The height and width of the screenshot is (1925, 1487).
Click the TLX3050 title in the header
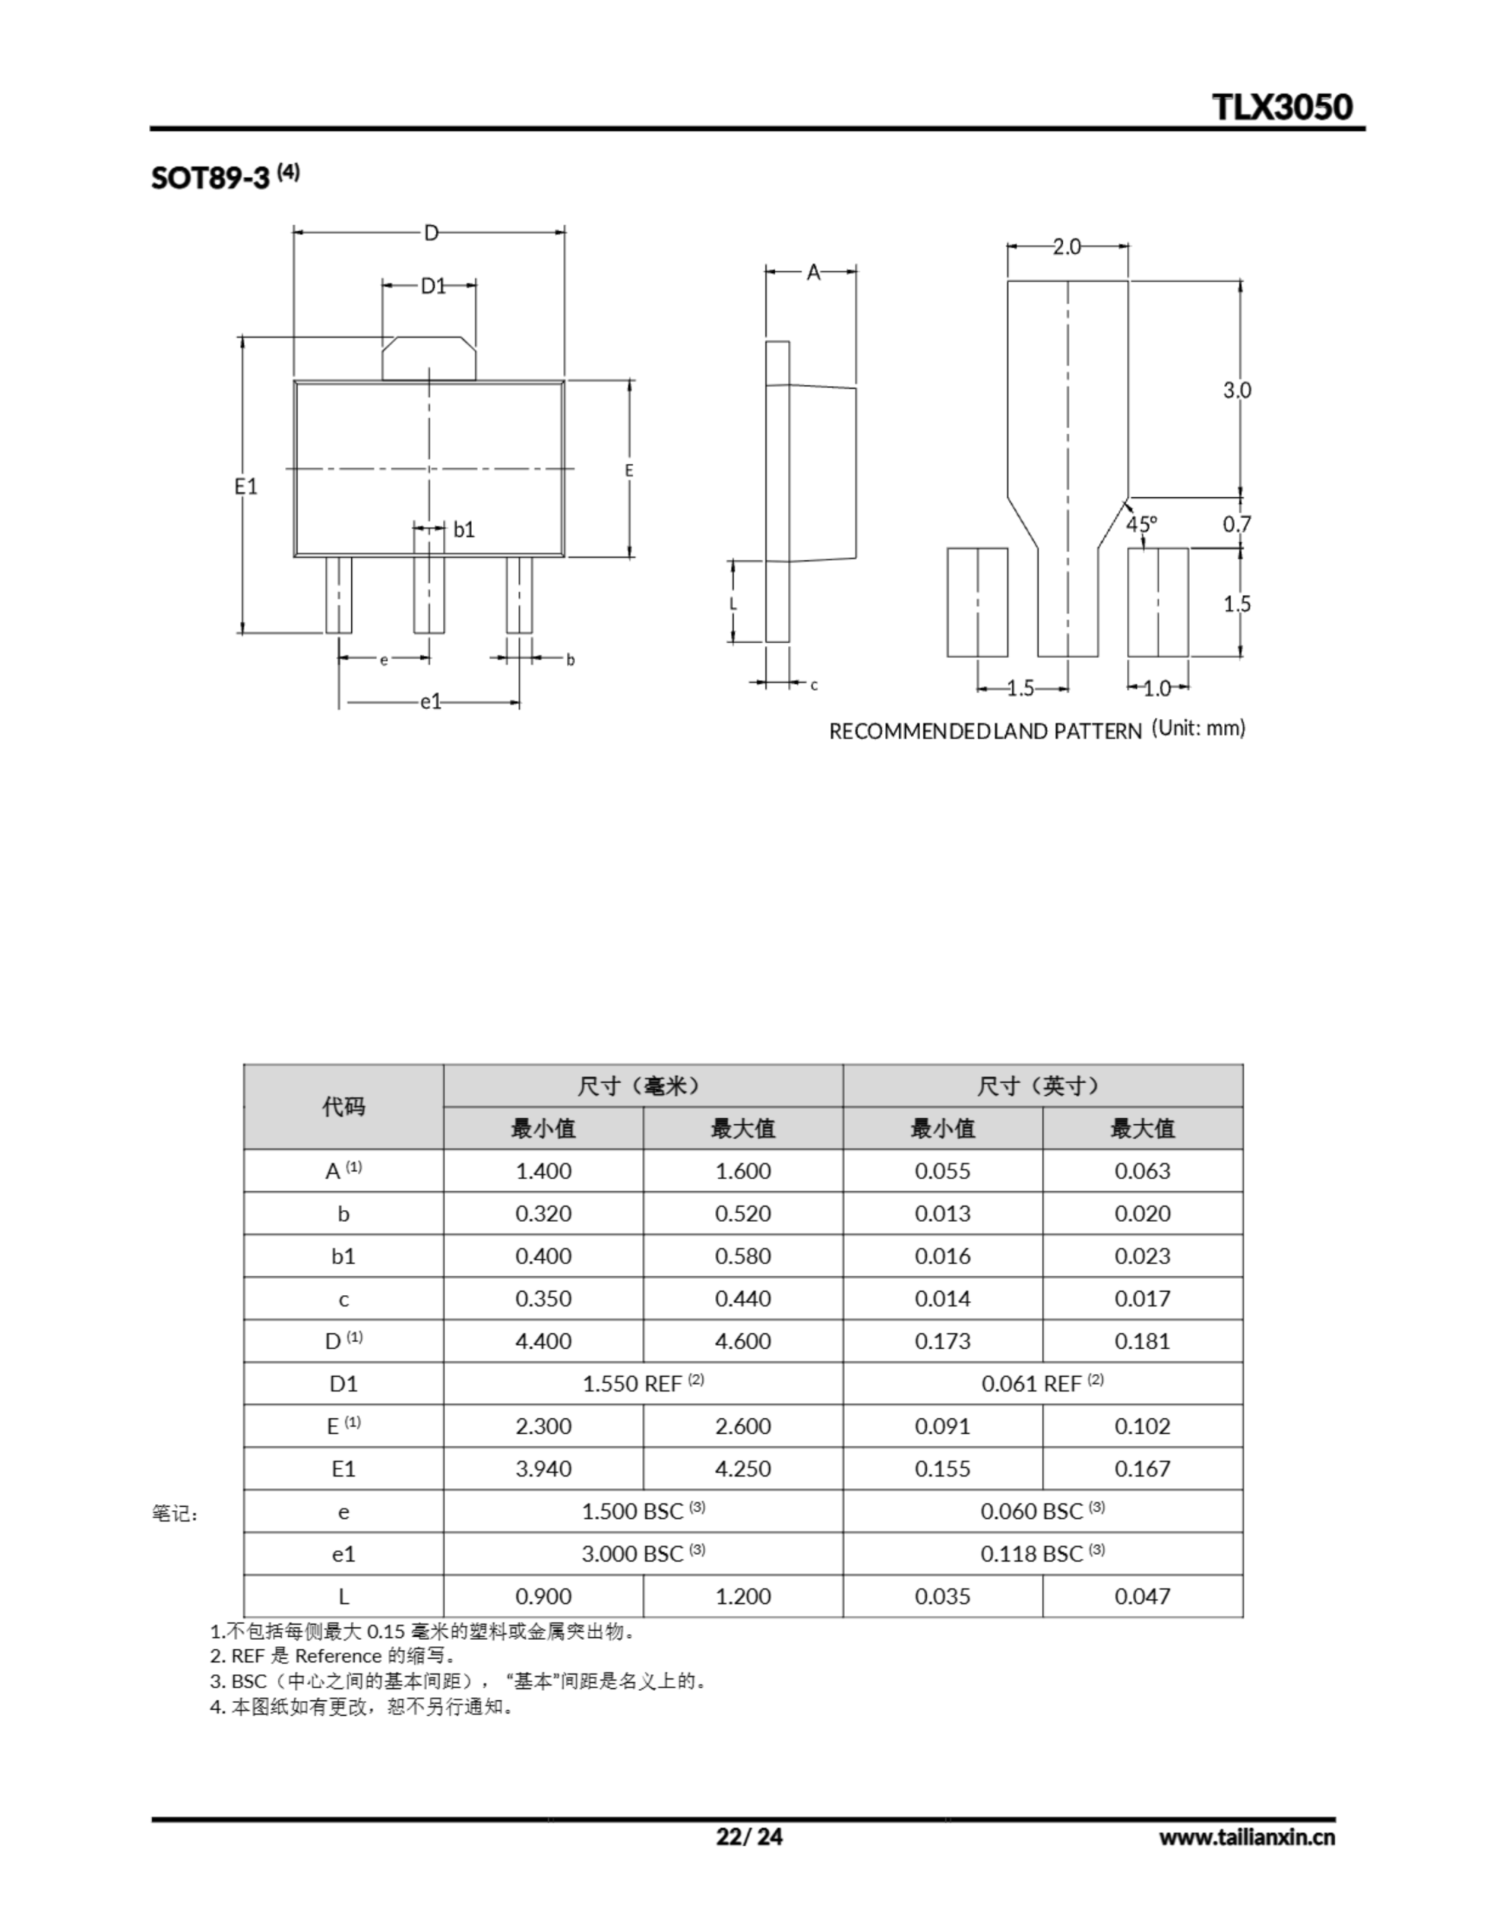pyautogui.click(x=1282, y=107)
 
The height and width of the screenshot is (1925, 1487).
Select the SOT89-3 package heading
pyautogui.click(x=210, y=177)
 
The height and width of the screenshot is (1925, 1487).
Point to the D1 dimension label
pyautogui.click(x=433, y=286)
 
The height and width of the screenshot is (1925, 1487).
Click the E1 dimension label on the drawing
pyautogui.click(x=246, y=486)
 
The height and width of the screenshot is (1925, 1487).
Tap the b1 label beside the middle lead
pyautogui.click(x=464, y=529)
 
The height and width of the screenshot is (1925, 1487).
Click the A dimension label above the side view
pyautogui.click(x=813, y=272)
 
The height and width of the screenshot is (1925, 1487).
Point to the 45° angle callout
pyautogui.click(x=1141, y=523)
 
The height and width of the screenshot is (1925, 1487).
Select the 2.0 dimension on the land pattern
pyautogui.click(x=1067, y=247)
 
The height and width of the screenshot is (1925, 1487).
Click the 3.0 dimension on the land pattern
pyautogui.click(x=1237, y=390)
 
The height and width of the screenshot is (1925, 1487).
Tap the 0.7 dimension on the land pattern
pyautogui.click(x=1237, y=523)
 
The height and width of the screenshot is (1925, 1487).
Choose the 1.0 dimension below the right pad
pyautogui.click(x=1156, y=688)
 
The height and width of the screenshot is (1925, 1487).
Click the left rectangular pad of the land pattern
pyautogui.click(x=977, y=602)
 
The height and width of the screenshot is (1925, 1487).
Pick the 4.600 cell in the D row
pyautogui.click(x=742, y=1341)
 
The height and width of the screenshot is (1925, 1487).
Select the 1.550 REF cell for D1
pyautogui.click(x=643, y=1383)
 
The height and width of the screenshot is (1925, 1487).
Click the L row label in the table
pyautogui.click(x=343, y=1596)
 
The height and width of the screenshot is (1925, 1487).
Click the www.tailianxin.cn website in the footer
pyautogui.click(x=1246, y=1837)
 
